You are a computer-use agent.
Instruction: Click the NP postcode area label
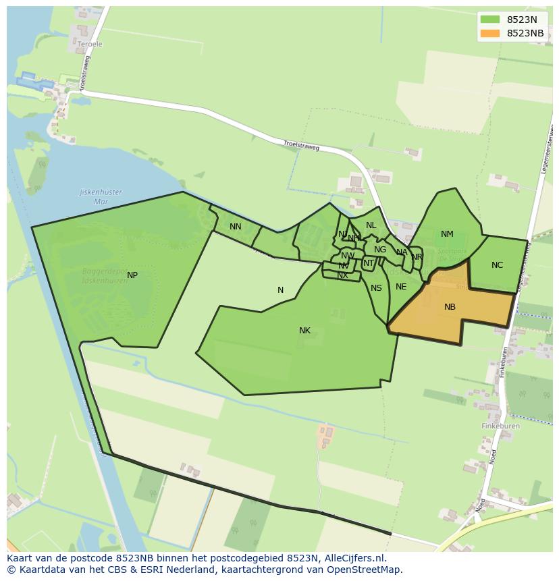132,275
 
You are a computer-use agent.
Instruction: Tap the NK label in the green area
304,331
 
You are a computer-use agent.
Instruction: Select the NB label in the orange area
450,307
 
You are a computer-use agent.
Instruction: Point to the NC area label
497,265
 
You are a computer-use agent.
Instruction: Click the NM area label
447,235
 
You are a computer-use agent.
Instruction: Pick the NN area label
235,227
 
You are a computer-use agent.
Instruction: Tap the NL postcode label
371,225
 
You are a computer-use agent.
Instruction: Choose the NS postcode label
376,288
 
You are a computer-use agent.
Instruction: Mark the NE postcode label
401,287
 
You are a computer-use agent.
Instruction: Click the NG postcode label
380,250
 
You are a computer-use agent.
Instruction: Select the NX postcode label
342,275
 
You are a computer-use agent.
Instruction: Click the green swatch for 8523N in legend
490,20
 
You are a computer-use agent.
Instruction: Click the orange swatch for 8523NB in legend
490,33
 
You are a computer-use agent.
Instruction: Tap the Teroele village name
90,45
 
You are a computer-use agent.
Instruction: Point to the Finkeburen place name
500,426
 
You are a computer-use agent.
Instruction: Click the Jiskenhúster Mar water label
101,196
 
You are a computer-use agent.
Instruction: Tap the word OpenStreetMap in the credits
366,570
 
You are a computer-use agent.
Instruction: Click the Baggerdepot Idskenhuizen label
102,275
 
